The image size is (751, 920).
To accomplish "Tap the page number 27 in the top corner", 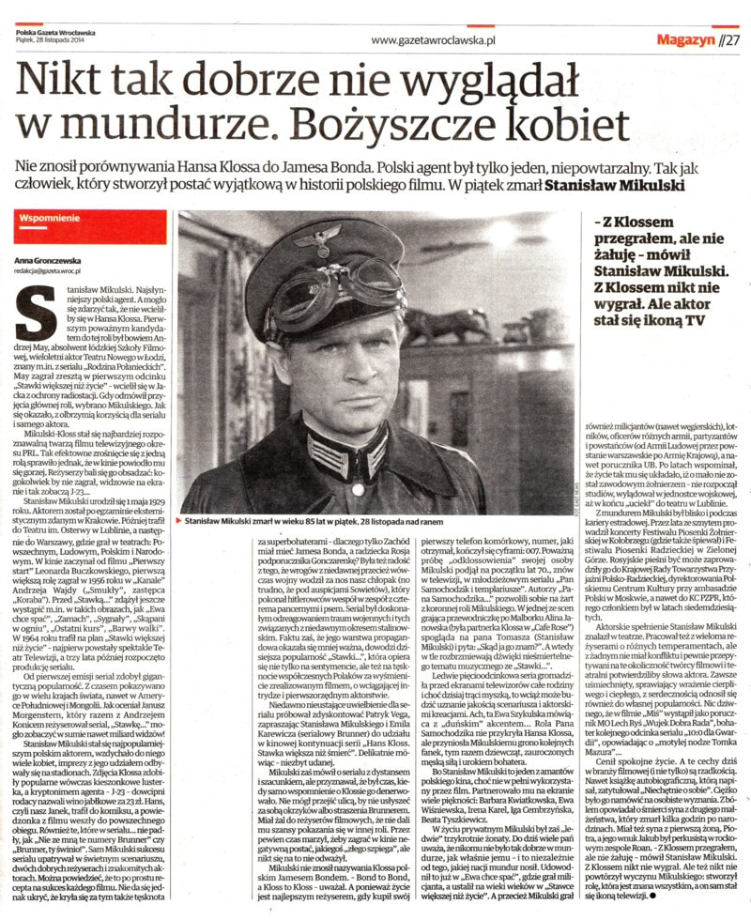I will coord(730,39).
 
